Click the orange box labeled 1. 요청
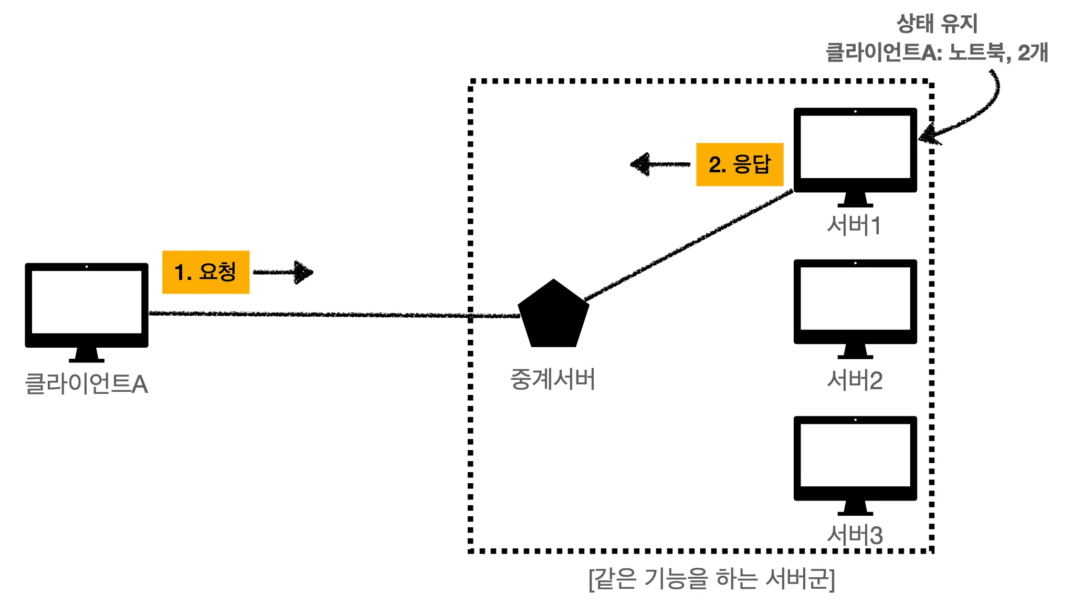click(x=206, y=272)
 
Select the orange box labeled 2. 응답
click(x=739, y=164)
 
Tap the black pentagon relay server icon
click(x=553, y=315)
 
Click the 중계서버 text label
click(x=553, y=379)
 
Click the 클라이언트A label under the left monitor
click(x=87, y=384)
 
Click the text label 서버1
click(x=854, y=225)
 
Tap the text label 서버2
click(x=855, y=380)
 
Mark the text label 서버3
click(x=855, y=535)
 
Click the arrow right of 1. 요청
click(x=284, y=272)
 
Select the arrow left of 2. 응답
click(x=660, y=164)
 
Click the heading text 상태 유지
click(x=937, y=24)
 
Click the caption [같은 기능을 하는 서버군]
click(x=711, y=579)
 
